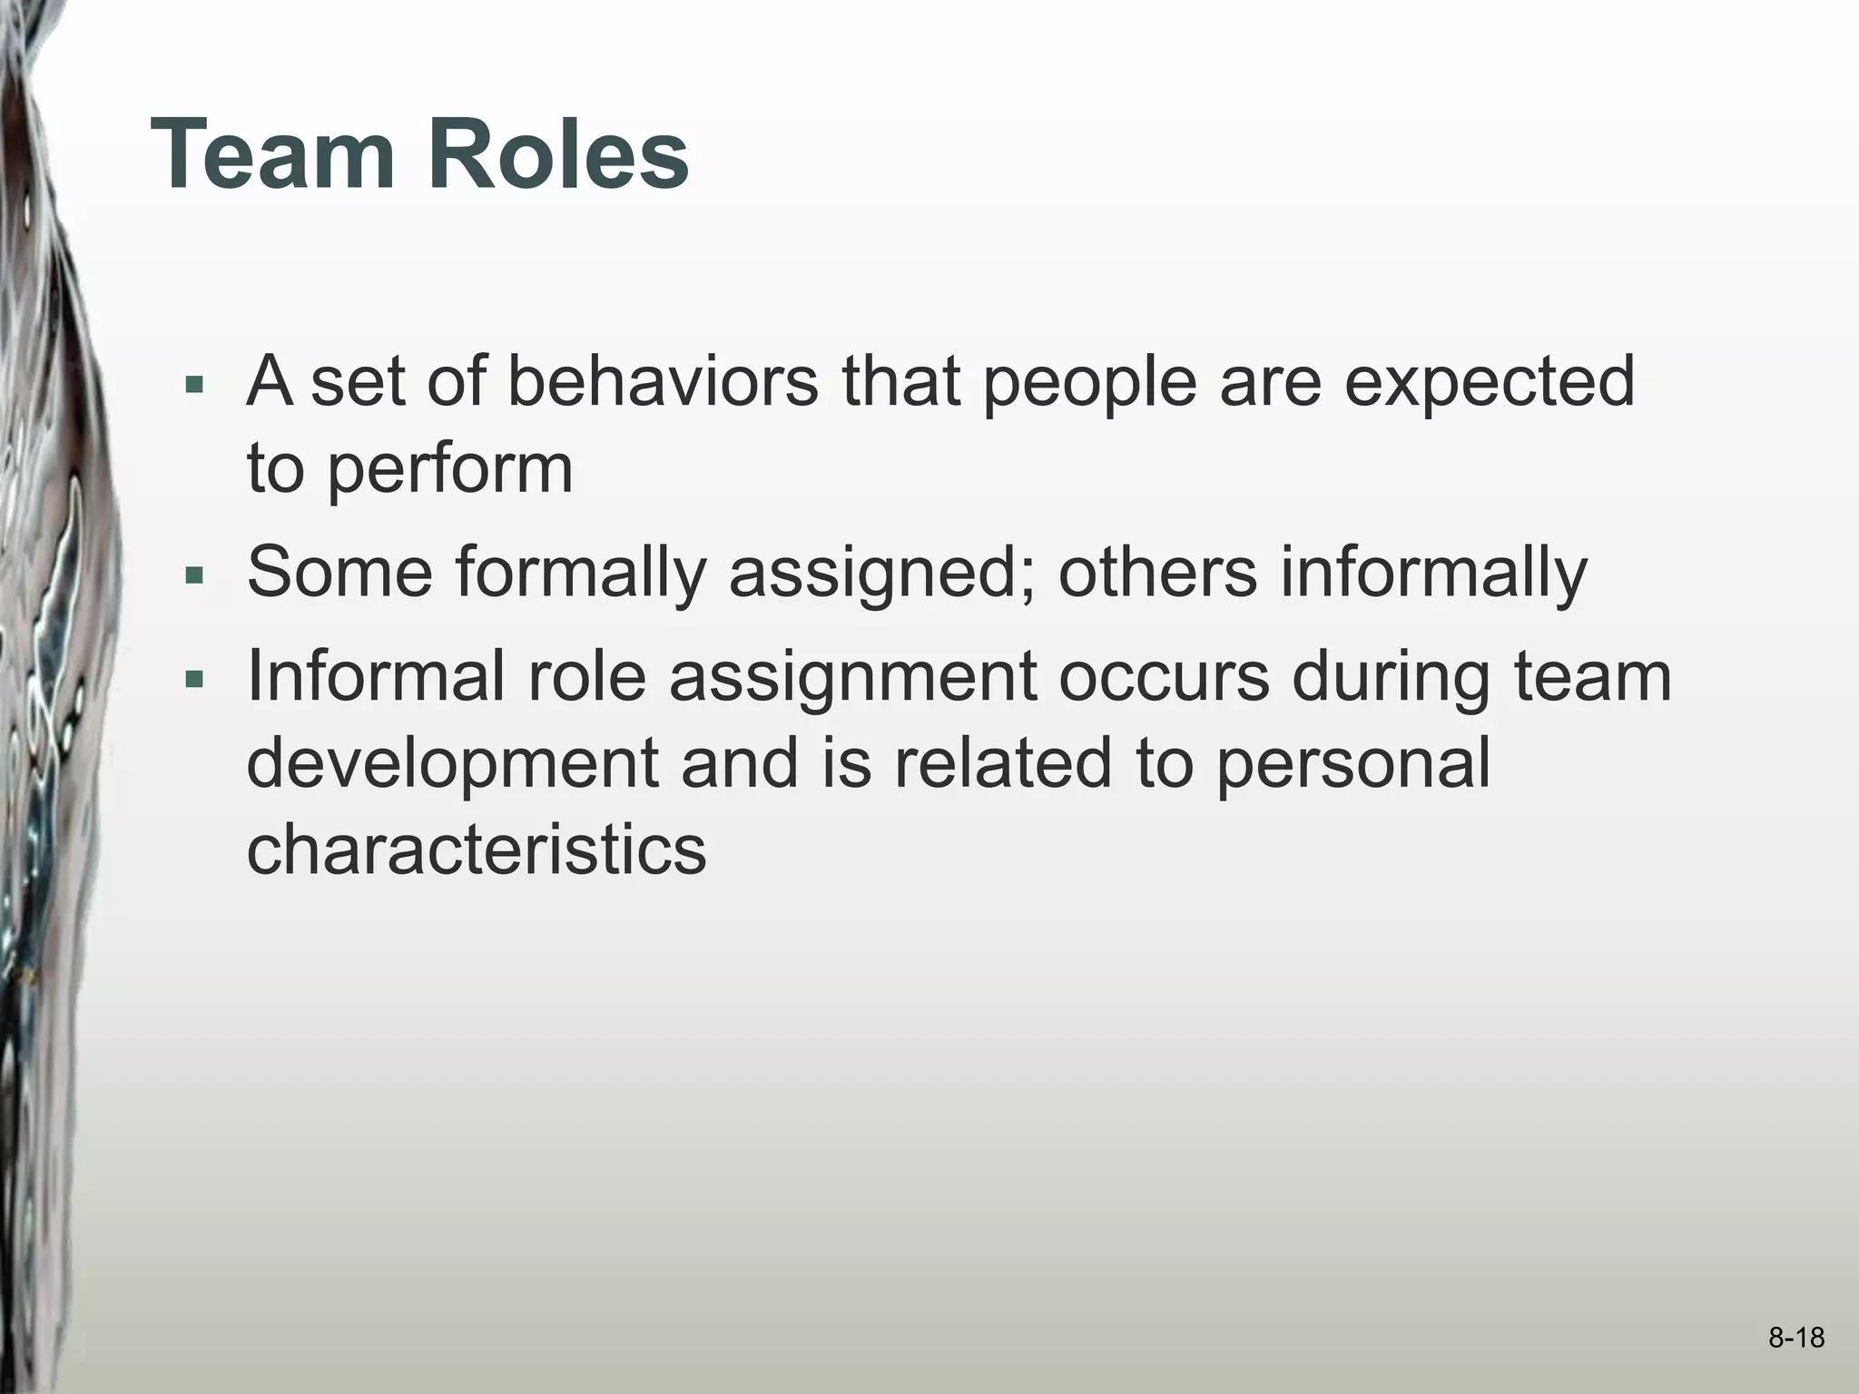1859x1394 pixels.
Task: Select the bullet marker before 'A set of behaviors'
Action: pyautogui.click(x=192, y=385)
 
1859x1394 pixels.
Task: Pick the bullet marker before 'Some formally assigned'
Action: pyautogui.click(x=192, y=575)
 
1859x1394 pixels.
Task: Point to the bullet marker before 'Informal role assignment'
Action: pyautogui.click(x=192, y=679)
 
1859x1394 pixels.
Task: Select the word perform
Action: pyautogui.click(x=449, y=470)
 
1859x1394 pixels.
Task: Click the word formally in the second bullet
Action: pyautogui.click(x=581, y=574)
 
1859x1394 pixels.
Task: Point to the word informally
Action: pyautogui.click(x=1434, y=574)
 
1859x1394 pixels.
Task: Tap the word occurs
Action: pyautogui.click(x=1164, y=679)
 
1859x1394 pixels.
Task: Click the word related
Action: pyautogui.click(x=1003, y=762)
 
